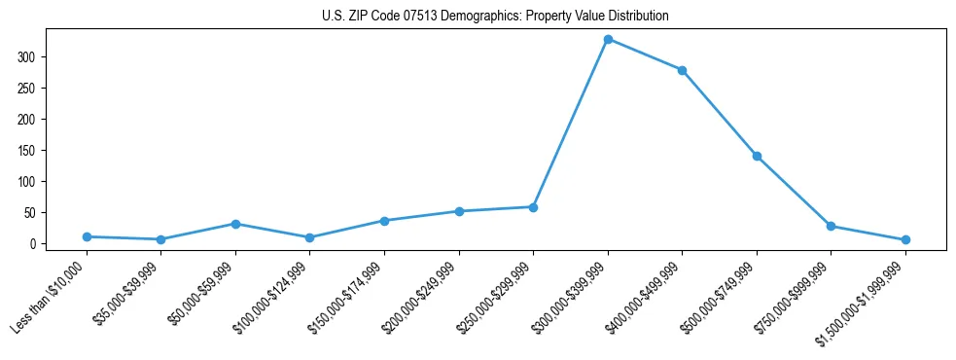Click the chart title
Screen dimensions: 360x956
pos(495,17)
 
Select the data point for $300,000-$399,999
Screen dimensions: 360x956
pos(608,39)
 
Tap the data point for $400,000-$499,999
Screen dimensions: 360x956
pos(682,70)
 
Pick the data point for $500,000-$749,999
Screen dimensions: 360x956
pos(757,156)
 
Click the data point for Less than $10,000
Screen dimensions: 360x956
pos(87,236)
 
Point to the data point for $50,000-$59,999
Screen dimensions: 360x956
pos(235,224)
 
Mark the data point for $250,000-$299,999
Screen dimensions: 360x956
pos(533,207)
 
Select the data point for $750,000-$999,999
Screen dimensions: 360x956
pos(831,226)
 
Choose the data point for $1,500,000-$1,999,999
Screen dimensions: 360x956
pos(905,239)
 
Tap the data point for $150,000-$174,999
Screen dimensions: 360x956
pos(384,221)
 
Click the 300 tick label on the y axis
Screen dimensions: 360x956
pos(26,57)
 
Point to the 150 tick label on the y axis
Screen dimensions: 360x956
pos(26,151)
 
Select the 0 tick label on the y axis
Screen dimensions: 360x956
pos(32,244)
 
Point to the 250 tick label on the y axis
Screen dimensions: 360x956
pos(26,89)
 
